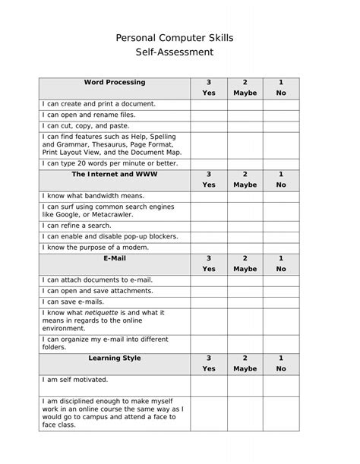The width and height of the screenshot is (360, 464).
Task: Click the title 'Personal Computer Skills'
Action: (x=180, y=36)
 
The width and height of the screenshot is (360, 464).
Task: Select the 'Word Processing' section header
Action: (x=115, y=82)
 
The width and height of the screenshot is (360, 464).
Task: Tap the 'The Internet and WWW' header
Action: (x=115, y=174)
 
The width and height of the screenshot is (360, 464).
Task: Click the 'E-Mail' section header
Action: (x=115, y=258)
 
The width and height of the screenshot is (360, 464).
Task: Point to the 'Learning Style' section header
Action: (x=115, y=358)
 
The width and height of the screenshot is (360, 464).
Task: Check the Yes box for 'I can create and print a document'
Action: (x=209, y=104)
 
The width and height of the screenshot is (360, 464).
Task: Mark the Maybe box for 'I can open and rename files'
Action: (x=245, y=115)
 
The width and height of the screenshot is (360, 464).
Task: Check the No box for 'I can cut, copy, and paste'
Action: (x=281, y=125)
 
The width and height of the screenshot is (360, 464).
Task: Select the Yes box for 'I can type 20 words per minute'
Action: (x=209, y=163)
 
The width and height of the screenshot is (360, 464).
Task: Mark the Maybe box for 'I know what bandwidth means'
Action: (x=245, y=195)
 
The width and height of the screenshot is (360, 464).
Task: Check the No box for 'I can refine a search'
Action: (x=281, y=226)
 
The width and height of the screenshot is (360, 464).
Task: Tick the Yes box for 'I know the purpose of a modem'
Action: (x=209, y=247)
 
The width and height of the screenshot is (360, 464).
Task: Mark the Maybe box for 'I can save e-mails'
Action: (x=245, y=301)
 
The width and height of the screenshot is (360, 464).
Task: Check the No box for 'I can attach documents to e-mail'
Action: (x=281, y=280)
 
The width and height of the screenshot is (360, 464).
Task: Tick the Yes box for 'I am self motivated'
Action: (x=209, y=386)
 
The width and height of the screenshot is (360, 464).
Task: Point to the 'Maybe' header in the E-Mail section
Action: (x=245, y=269)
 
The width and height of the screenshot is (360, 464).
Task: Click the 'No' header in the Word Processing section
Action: (x=281, y=93)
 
